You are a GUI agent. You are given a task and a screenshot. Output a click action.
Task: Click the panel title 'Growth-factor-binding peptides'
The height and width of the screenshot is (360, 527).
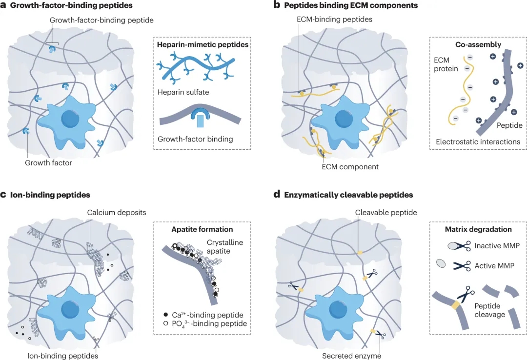click(x=71, y=5)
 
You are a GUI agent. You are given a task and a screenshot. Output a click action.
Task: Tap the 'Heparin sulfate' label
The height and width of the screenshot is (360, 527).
click(x=183, y=92)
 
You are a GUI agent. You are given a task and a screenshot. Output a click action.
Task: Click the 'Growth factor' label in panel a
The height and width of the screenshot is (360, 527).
click(x=48, y=163)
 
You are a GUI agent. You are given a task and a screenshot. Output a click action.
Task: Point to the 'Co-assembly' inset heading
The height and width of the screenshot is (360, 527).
click(x=478, y=45)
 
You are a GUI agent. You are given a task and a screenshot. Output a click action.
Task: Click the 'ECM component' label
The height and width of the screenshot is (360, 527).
click(x=350, y=167)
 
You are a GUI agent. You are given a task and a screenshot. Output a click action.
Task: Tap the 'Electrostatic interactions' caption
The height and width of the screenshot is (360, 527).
click(x=478, y=142)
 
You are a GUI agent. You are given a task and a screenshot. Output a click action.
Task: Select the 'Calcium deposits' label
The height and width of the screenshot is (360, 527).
click(x=117, y=212)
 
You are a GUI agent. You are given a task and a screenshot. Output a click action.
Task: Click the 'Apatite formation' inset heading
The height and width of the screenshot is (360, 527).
click(x=202, y=230)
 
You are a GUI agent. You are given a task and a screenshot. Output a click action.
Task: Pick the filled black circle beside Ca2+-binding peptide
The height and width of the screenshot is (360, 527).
click(x=165, y=315)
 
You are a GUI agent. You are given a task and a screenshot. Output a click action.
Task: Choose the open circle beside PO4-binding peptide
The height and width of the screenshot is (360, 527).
click(x=165, y=323)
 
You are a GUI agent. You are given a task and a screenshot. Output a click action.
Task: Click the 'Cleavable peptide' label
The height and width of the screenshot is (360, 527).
click(x=386, y=212)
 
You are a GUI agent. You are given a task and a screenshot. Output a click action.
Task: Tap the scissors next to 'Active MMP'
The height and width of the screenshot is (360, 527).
click(x=462, y=266)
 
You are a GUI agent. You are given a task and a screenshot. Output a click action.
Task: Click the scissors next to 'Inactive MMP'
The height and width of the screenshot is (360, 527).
click(x=462, y=246)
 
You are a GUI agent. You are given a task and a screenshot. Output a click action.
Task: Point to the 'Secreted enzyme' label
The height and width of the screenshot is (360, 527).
click(x=351, y=356)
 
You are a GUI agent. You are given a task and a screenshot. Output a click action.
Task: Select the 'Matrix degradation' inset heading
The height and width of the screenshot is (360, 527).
click(x=478, y=230)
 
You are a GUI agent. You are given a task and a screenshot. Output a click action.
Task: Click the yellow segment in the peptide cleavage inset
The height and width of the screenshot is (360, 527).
click(x=456, y=305)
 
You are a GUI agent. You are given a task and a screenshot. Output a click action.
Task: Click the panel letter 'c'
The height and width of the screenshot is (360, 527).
click(x=3, y=195)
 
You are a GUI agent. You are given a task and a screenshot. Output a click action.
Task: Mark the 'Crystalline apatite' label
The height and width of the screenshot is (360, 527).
click(x=224, y=247)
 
